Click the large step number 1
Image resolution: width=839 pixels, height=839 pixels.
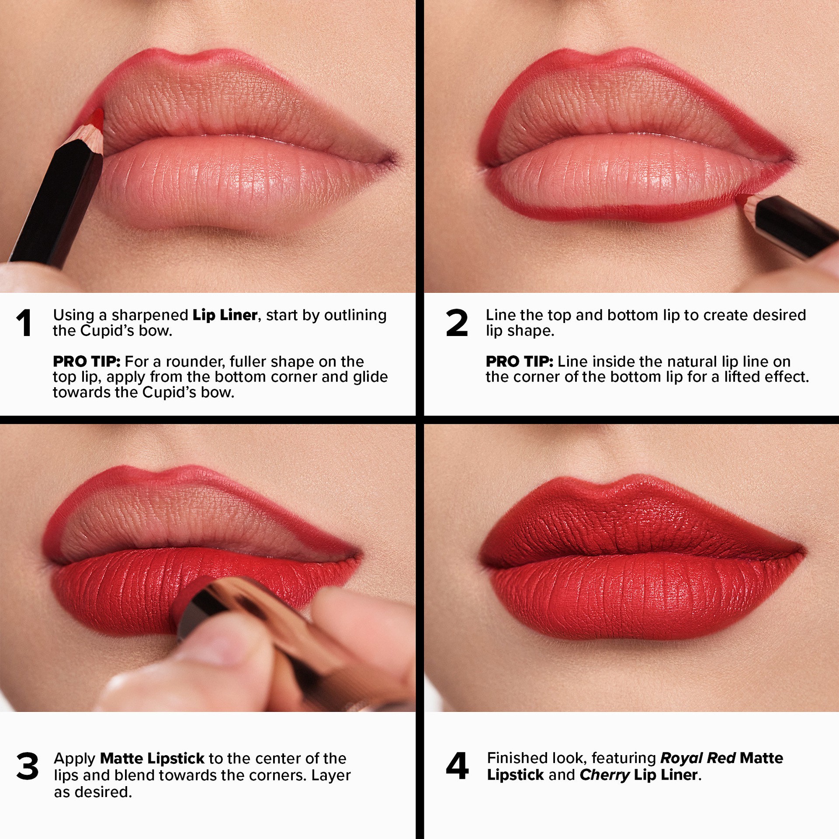click(x=24, y=323)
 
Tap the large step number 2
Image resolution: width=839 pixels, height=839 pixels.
click(x=457, y=323)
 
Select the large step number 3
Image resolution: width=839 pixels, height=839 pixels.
click(x=27, y=766)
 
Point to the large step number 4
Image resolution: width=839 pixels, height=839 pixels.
click(x=457, y=766)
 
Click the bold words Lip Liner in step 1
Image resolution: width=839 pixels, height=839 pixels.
click(x=225, y=315)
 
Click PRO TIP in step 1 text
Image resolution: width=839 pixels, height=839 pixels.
click(x=87, y=361)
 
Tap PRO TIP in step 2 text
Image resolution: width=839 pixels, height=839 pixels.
click(x=519, y=361)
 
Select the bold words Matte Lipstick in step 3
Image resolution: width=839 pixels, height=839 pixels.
click(x=152, y=758)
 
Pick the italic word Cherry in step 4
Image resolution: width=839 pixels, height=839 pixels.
click(x=604, y=775)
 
